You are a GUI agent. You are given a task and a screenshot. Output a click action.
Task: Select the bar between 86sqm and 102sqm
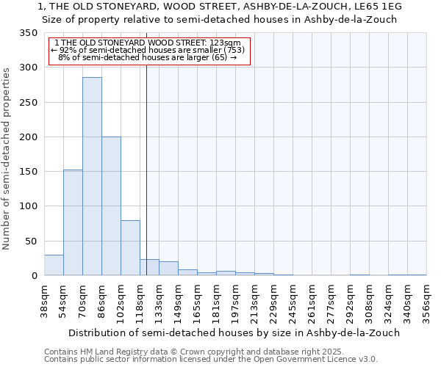tap(111, 206)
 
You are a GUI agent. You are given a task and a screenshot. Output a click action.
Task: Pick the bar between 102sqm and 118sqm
tap(130, 248)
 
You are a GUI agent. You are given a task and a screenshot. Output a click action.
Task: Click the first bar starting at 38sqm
tap(54, 266)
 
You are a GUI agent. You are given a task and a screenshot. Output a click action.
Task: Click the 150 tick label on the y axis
tap(28, 172)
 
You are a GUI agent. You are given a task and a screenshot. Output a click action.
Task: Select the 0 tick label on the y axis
tap(34, 276)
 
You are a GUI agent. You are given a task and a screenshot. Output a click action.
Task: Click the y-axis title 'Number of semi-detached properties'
tap(7, 158)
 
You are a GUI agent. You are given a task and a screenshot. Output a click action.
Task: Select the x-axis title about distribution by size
tap(222, 333)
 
